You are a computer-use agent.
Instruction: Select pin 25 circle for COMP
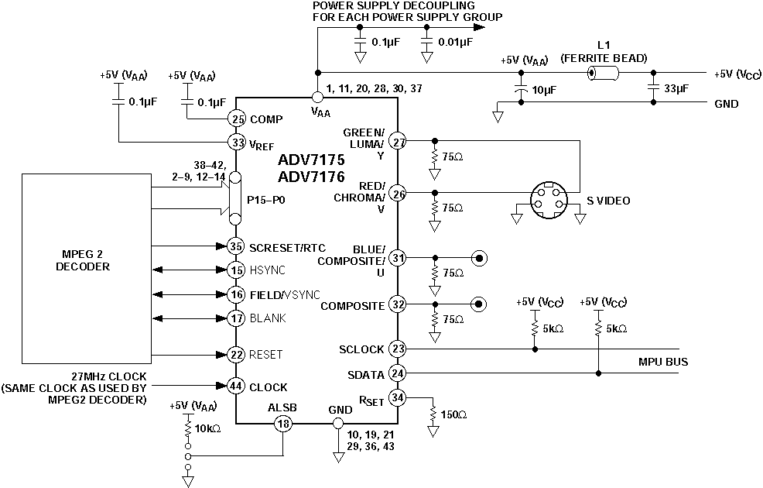click(237, 119)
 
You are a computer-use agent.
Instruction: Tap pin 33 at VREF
click(237, 143)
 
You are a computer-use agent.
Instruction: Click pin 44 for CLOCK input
click(237, 386)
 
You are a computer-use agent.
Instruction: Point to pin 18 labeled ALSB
click(283, 424)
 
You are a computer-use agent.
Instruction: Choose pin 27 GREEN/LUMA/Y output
click(398, 142)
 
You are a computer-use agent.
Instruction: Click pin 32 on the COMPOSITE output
click(398, 304)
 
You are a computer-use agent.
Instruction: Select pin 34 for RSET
click(398, 398)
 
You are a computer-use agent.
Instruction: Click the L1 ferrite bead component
click(603, 74)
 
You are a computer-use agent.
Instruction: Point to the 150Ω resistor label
click(453, 415)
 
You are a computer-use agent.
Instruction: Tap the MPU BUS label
click(663, 362)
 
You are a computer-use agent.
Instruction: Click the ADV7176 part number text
click(312, 177)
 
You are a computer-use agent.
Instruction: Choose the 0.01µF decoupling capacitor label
click(455, 43)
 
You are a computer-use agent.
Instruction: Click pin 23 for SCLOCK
click(398, 349)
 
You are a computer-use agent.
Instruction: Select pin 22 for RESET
click(237, 354)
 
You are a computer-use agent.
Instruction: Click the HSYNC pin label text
click(267, 270)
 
